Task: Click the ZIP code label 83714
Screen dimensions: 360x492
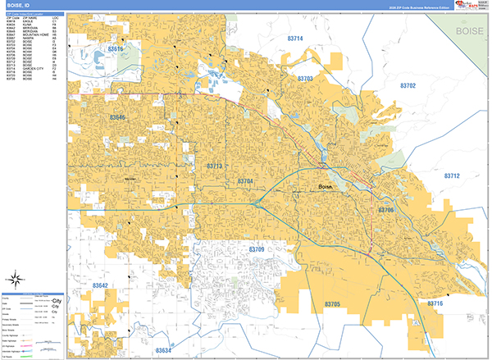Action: tap(295, 39)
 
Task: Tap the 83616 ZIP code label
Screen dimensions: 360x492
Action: tap(116, 49)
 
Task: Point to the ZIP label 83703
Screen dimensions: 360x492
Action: tap(304, 78)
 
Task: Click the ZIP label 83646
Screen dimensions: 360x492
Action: tap(118, 118)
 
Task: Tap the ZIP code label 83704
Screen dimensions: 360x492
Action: tap(246, 180)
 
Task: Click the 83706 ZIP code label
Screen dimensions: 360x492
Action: tap(386, 211)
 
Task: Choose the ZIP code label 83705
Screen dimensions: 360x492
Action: tap(332, 303)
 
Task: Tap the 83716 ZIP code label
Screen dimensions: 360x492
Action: tap(435, 303)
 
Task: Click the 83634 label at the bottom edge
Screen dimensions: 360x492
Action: tap(162, 350)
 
